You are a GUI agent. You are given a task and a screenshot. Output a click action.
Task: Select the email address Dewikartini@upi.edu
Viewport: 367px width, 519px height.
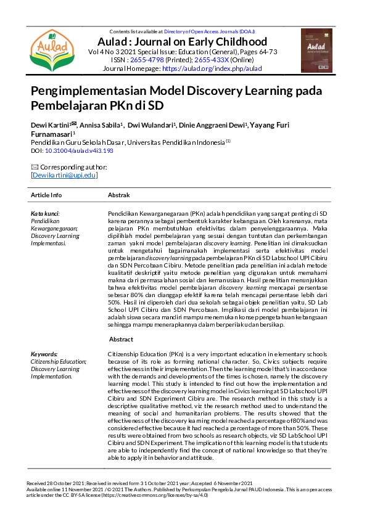pyautogui.click(x=64, y=176)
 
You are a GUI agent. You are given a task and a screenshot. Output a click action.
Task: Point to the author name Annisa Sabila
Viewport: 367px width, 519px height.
pyautogui.click(x=99, y=125)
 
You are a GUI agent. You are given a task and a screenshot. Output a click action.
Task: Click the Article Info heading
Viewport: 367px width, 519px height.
pyautogui.click(x=46, y=195)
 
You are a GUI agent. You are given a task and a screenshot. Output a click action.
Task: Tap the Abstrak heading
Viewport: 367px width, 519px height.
pyautogui.click(x=118, y=195)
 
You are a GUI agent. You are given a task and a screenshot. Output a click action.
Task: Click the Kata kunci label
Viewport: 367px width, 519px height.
pyautogui.click(x=45, y=213)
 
